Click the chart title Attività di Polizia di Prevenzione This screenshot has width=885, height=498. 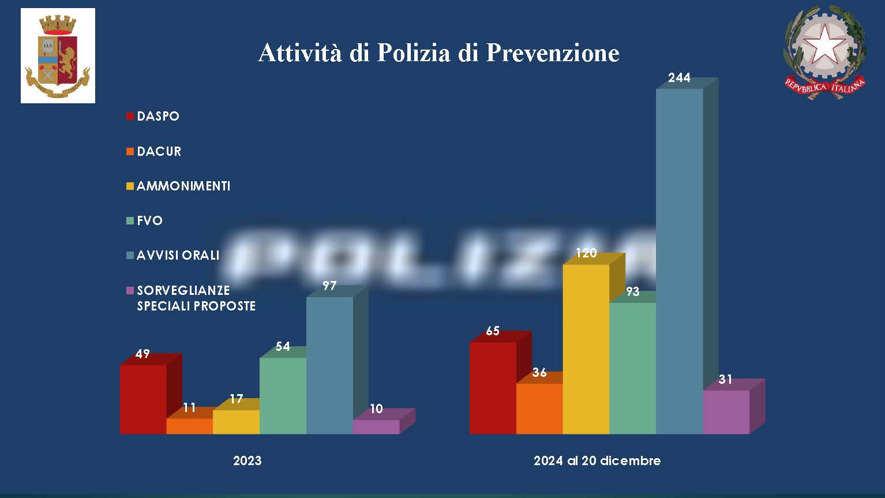click(x=438, y=53)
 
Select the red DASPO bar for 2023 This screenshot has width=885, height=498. click(x=142, y=399)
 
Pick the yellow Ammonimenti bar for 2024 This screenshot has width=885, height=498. click(x=586, y=349)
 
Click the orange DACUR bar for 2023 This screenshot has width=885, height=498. click(x=189, y=426)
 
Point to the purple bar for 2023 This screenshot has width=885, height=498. click(x=376, y=426)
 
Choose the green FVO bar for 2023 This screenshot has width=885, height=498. click(x=283, y=395)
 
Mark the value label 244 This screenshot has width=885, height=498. click(x=679, y=78)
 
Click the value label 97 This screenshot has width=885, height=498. click(x=329, y=286)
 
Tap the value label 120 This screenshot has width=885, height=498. click(x=586, y=253)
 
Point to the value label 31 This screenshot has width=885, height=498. click(x=725, y=379)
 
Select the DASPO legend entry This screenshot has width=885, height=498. click(x=157, y=116)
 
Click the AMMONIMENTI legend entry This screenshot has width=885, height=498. click(x=183, y=186)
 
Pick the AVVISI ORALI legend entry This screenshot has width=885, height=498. click(x=178, y=255)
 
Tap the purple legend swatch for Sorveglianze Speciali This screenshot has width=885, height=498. click(x=130, y=290)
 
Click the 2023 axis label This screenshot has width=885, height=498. click(x=247, y=460)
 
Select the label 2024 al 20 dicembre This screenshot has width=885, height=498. click(x=597, y=460)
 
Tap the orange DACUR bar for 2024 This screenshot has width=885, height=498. click(x=539, y=408)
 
